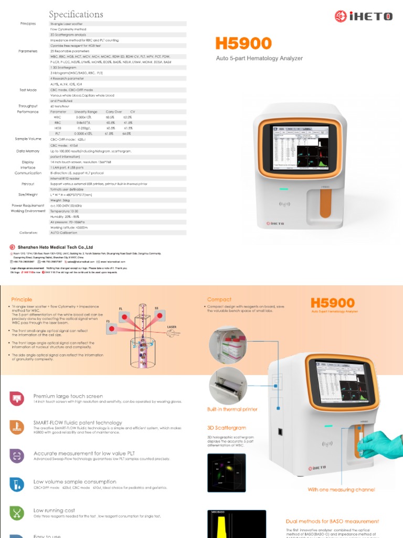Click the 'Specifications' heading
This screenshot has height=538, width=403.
point(76,14)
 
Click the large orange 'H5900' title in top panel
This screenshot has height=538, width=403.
point(243,44)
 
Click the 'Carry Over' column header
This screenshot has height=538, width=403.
point(114,111)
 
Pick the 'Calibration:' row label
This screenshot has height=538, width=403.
point(29,232)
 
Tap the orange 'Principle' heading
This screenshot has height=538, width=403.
point(22,299)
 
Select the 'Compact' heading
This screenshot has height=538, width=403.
point(219,299)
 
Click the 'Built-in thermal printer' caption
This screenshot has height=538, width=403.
point(232,409)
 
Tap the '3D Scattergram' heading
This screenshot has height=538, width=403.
point(226,428)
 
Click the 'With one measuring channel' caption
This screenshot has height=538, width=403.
point(341,490)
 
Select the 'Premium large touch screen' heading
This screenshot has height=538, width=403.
point(68,396)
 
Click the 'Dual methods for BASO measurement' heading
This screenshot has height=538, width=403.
point(332,521)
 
